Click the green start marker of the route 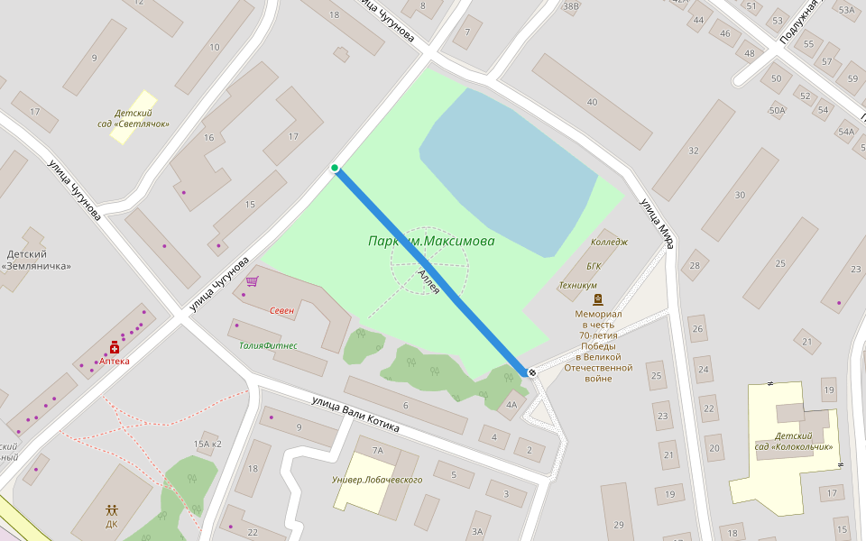(x=335, y=168)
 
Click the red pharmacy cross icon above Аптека (x=115, y=347)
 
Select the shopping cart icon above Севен (x=252, y=282)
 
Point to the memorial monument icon (x=597, y=299)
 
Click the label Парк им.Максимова (x=431, y=242)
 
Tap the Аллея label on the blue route (x=428, y=282)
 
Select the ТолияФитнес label (x=268, y=345)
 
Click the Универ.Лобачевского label (x=377, y=480)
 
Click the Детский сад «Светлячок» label (x=134, y=119)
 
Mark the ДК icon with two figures (x=112, y=510)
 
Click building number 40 (x=592, y=102)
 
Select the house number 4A (x=511, y=404)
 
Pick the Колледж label (x=608, y=242)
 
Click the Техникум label (x=577, y=285)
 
